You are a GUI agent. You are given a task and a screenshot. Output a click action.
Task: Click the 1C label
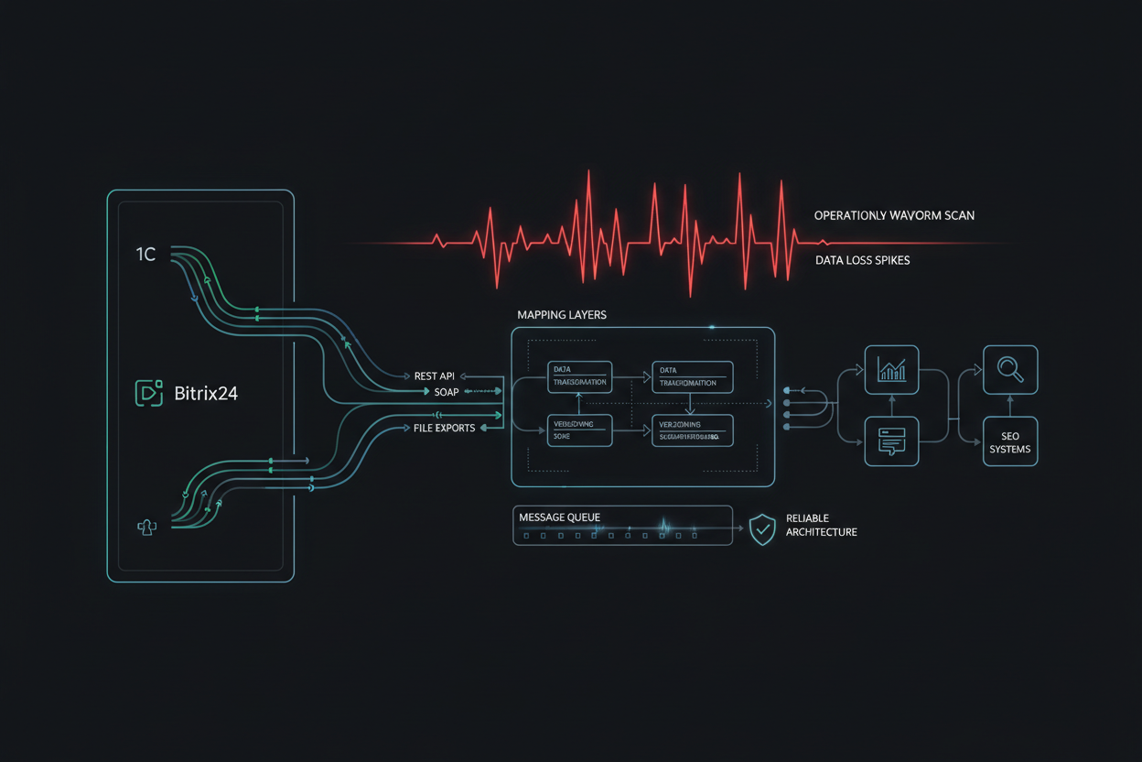click(145, 255)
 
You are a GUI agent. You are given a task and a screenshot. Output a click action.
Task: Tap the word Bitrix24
click(206, 394)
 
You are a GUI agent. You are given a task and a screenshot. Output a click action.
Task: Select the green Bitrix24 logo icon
click(148, 393)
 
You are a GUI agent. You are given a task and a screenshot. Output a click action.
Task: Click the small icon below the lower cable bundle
click(146, 528)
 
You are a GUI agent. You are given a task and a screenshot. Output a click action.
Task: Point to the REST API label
click(434, 376)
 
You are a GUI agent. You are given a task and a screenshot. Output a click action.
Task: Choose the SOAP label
click(447, 392)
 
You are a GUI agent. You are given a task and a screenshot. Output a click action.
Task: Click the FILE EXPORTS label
click(444, 428)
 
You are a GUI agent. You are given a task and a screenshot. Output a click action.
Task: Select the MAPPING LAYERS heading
click(561, 315)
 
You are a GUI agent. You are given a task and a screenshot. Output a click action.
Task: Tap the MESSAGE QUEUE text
click(559, 517)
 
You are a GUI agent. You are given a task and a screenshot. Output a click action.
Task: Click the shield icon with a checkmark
click(762, 529)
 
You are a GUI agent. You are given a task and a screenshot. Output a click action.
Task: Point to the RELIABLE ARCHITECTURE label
click(821, 525)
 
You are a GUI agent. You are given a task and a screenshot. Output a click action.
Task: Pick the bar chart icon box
click(891, 370)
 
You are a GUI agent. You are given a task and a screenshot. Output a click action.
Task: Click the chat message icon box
click(891, 441)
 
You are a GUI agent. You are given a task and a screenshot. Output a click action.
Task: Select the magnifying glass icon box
click(1010, 370)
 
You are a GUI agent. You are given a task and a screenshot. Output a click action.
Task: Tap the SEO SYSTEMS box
click(1010, 442)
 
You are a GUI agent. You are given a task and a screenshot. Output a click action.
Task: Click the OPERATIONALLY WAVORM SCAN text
click(894, 216)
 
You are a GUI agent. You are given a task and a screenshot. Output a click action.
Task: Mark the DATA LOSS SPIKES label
click(862, 261)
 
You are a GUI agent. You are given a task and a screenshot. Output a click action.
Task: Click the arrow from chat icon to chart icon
click(891, 405)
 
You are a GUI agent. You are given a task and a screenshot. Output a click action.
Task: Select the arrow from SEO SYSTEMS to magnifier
click(1010, 405)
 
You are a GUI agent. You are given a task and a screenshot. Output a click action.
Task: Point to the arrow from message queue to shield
click(738, 528)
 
